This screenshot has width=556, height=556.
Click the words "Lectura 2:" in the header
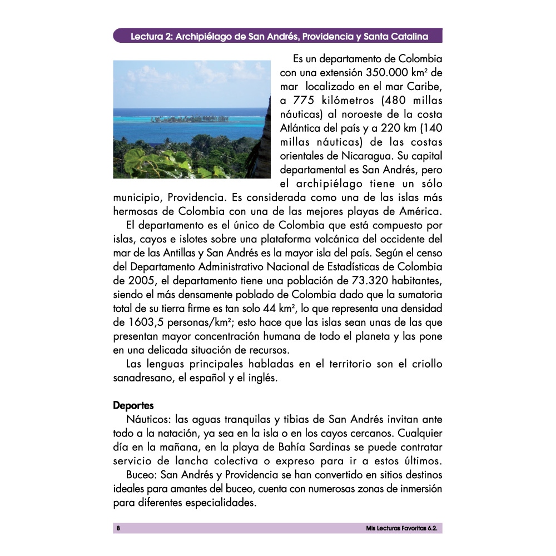[150, 37]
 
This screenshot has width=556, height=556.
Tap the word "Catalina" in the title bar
[410, 37]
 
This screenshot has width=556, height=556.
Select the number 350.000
[389, 73]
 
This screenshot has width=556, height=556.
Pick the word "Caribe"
[423, 87]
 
